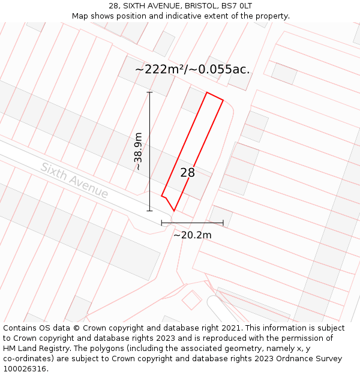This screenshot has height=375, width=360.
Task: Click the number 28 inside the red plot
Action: coord(188,173)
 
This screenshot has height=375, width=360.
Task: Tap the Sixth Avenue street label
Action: coord(74,180)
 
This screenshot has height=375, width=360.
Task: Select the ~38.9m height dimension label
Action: coord(139,151)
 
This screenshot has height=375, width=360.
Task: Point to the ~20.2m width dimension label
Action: coord(193,235)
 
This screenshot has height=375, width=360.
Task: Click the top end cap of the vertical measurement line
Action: coord(149,92)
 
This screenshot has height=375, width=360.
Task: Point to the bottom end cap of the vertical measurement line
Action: coord(149,211)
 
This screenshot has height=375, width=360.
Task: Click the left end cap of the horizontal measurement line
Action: coord(161,223)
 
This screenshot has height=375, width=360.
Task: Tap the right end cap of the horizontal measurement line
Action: coord(223,223)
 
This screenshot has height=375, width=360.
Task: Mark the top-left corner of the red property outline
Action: coord(207,92)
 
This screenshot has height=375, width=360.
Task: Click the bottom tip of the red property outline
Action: coord(174,211)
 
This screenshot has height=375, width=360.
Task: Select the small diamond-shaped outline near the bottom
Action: coord(192,299)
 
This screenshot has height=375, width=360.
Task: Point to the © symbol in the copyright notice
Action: coord(77,328)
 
